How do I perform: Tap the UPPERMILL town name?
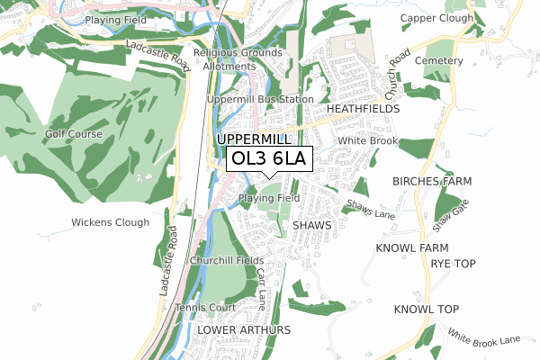pos(254,140)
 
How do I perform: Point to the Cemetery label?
pos(440,61)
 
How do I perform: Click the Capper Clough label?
pos(436,18)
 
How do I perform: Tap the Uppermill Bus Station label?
pos(260,99)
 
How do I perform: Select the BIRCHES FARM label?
pos(432,181)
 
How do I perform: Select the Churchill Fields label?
pos(227,260)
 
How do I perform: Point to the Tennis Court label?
pos(205,306)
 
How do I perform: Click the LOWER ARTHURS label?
pos(244,330)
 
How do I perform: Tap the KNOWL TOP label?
pos(427,310)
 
